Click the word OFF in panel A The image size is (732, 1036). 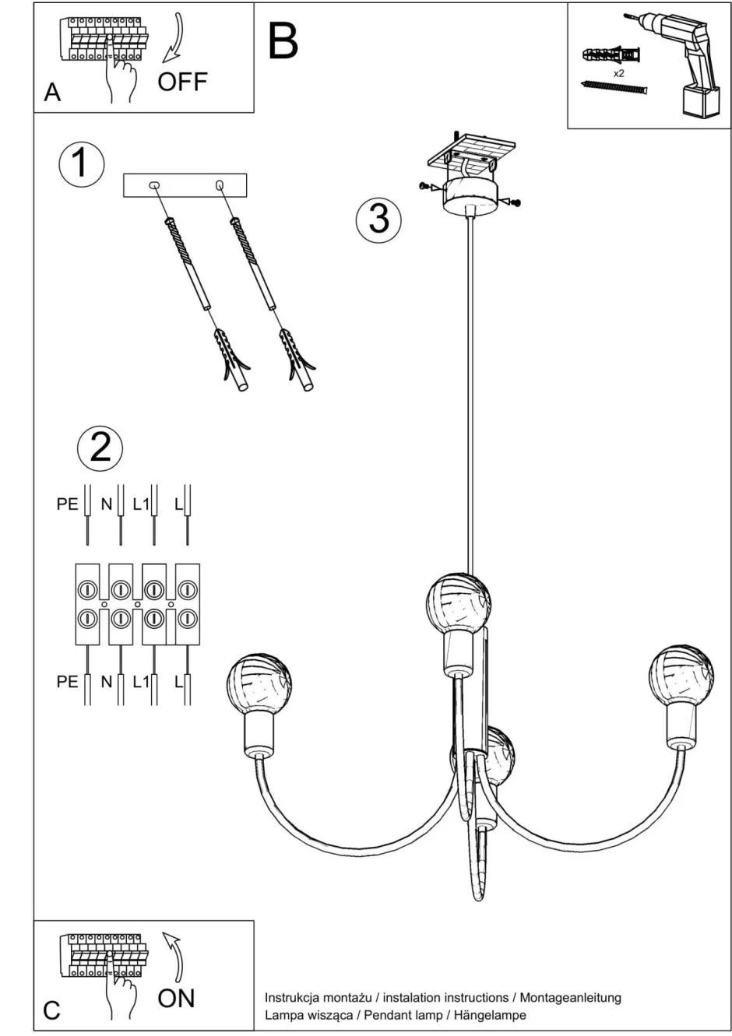[182, 82]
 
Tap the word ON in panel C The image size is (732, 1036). [176, 999]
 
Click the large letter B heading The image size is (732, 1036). [283, 42]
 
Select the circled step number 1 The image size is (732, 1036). [82, 163]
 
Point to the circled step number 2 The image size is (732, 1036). [100, 448]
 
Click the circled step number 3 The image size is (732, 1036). [378, 219]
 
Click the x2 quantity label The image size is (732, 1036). [618, 73]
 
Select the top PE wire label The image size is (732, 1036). [68, 504]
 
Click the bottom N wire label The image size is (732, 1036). [107, 682]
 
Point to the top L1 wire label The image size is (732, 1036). [141, 504]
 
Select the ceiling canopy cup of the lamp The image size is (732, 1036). [470, 196]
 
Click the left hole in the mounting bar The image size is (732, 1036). [153, 185]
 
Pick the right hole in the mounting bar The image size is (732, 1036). [220, 185]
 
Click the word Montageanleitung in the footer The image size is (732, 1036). [571, 999]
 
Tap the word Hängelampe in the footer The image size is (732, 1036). [490, 1016]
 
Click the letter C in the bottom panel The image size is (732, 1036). [52, 1011]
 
